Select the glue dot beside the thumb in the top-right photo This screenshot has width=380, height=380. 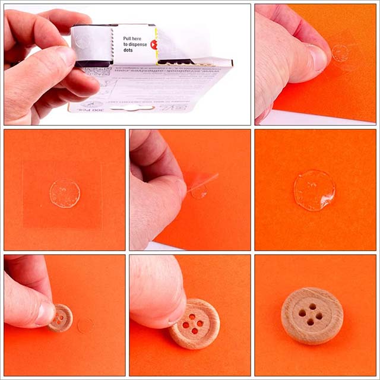pos(340,53)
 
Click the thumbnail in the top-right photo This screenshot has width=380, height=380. pos(317,58)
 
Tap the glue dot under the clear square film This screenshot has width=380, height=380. pos(64,194)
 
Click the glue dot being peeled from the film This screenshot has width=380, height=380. pos(199,191)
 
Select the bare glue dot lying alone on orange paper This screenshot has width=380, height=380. pos(314,190)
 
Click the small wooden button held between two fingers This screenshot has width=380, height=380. pos(61,318)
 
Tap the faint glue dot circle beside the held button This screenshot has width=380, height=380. pos(85,325)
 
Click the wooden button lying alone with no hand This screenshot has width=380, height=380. pos(312,315)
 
